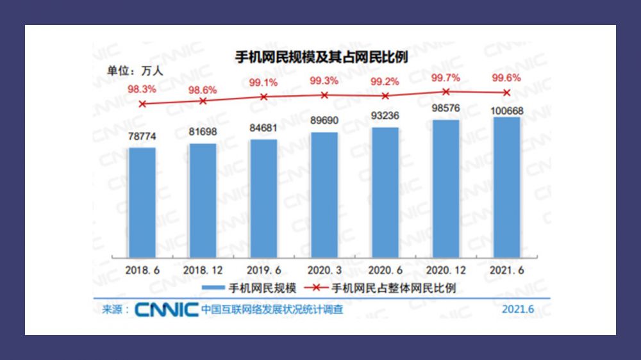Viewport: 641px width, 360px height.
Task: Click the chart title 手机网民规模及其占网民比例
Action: [x=321, y=56]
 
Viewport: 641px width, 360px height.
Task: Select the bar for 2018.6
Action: [x=142, y=202]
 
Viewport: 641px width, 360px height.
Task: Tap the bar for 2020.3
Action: [x=324, y=195]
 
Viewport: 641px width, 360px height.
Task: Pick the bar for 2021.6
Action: [x=507, y=187]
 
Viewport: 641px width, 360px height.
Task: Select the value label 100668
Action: [x=506, y=111]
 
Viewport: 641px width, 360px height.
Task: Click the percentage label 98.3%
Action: [x=142, y=89]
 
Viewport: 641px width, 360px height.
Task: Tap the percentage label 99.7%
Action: [x=445, y=78]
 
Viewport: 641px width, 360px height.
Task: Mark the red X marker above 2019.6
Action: [x=263, y=97]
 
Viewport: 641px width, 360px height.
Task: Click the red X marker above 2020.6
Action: [x=385, y=95]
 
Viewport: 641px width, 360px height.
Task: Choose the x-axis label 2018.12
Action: [x=203, y=270]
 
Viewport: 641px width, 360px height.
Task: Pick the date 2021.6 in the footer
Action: [x=518, y=309]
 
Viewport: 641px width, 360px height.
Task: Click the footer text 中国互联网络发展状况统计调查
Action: [x=272, y=309]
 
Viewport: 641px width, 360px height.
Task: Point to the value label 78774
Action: [x=142, y=136]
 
